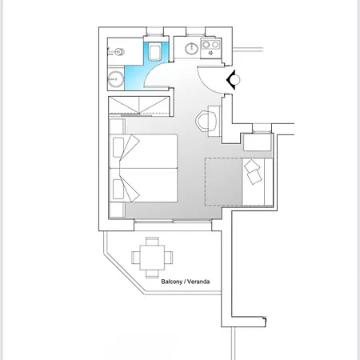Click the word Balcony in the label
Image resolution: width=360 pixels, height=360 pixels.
pyautogui.click(x=172, y=282)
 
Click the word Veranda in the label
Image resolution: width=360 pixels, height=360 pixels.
pyautogui.click(x=198, y=282)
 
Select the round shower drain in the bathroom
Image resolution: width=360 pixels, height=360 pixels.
pyautogui.click(x=116, y=79)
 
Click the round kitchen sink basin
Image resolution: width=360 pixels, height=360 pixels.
pyautogui.click(x=191, y=49)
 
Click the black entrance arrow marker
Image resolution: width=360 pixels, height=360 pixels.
pyautogui.click(x=233, y=80)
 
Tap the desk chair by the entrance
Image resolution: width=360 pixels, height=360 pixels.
pyautogui.click(x=205, y=122)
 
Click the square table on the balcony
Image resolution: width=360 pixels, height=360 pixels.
pyautogui.click(x=152, y=258)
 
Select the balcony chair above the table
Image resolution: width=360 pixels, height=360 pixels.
pyautogui.click(x=152, y=241)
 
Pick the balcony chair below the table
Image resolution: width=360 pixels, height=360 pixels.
pyautogui.click(x=152, y=274)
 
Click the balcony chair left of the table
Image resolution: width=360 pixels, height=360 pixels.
pyautogui.click(x=136, y=258)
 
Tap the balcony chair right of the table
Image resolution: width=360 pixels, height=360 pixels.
pyautogui.click(x=168, y=258)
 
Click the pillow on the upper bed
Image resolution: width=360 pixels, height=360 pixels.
pyautogui.click(x=118, y=147)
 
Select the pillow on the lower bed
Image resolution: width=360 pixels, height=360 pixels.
pyautogui.click(x=118, y=189)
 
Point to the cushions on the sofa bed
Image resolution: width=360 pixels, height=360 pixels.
pyautogui.click(x=253, y=171)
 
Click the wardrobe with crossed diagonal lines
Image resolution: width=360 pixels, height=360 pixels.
pyautogui.click(x=139, y=106)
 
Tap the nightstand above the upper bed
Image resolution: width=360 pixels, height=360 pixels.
pyautogui.click(x=117, y=126)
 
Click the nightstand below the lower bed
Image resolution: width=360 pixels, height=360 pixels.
pyautogui.click(x=117, y=210)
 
